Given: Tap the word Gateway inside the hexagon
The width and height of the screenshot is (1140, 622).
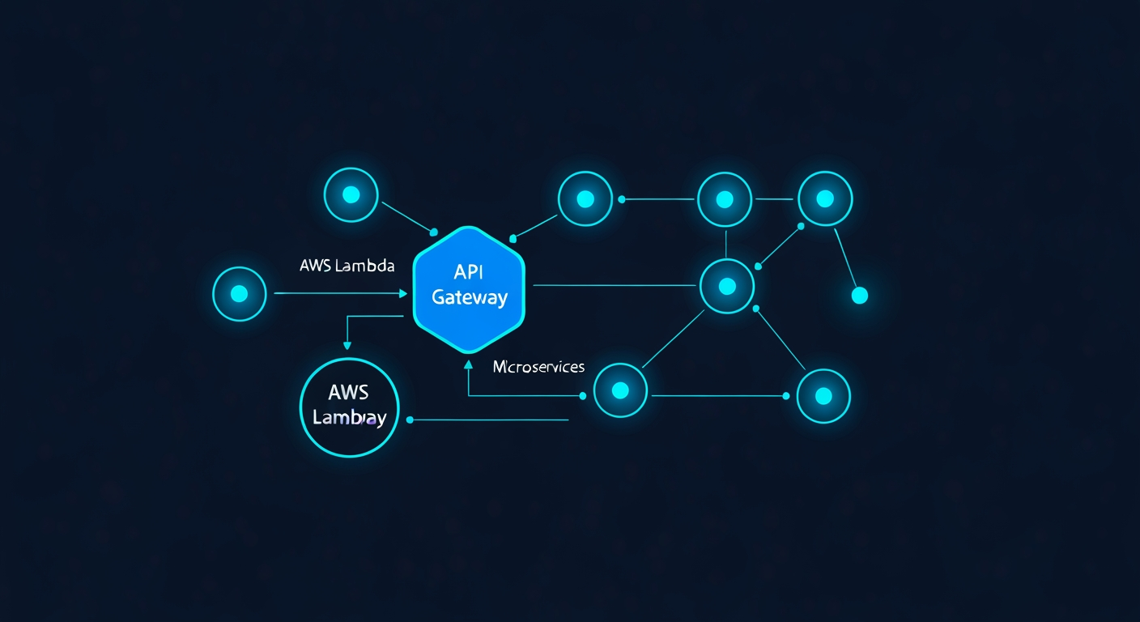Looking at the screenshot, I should pyautogui.click(x=470, y=297).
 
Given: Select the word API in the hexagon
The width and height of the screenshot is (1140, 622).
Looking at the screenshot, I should pyautogui.click(x=469, y=272).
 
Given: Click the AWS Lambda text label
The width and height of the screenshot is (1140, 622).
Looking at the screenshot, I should pyautogui.click(x=347, y=266).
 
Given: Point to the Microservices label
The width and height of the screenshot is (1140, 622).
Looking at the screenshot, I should pyautogui.click(x=538, y=367).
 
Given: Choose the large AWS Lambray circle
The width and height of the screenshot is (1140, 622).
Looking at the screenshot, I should pyautogui.click(x=349, y=407).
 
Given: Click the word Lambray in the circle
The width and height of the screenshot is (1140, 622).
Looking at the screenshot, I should pyautogui.click(x=349, y=419).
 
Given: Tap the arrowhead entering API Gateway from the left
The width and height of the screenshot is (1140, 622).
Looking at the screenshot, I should pyautogui.click(x=403, y=293).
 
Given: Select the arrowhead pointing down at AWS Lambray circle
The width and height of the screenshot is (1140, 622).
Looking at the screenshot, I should pyautogui.click(x=347, y=345).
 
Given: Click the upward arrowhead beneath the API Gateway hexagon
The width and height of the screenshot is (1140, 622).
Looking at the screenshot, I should pyautogui.click(x=469, y=364).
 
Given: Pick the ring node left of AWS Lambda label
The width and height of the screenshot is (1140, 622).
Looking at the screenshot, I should pyautogui.click(x=239, y=294).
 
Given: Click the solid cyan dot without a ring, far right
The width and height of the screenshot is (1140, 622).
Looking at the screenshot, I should pyautogui.click(x=860, y=296).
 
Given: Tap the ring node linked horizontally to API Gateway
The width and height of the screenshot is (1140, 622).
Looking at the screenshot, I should pyautogui.click(x=726, y=286).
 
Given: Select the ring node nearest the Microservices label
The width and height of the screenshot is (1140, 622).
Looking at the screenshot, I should pyautogui.click(x=620, y=390).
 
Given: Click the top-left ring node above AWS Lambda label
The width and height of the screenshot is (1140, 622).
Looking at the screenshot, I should pyautogui.click(x=351, y=194).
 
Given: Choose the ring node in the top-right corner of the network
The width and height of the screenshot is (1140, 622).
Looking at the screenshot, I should pyautogui.click(x=825, y=198).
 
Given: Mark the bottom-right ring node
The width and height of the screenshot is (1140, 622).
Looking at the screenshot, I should pyautogui.click(x=823, y=396).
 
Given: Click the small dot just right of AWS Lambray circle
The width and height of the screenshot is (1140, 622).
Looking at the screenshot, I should pyautogui.click(x=410, y=420).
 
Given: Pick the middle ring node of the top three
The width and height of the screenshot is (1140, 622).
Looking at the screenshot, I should pyautogui.click(x=725, y=199).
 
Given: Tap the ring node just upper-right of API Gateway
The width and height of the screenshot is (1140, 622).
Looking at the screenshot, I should pyautogui.click(x=585, y=198).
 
